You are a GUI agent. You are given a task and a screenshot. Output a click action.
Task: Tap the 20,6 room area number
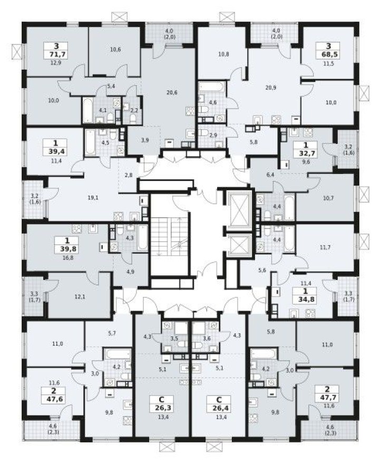point(171,92)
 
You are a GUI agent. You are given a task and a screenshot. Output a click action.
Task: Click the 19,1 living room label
point(94,199)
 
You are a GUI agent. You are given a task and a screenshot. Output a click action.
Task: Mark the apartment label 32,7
point(306,153)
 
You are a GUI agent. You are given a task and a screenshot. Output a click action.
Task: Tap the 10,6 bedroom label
point(116,50)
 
